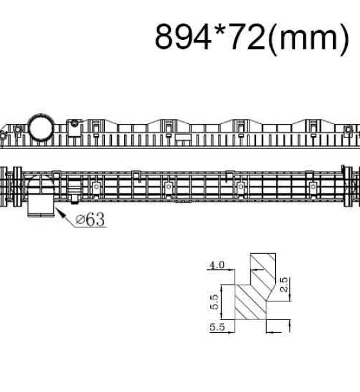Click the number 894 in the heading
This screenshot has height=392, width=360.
click(183, 37)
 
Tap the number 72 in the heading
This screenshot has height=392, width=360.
click(247, 37)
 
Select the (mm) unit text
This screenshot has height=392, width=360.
click(308, 39)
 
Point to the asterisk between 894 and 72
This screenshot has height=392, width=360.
click(220, 30)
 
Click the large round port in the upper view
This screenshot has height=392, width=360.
click(41, 127)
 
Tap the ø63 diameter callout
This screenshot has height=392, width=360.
click(90, 220)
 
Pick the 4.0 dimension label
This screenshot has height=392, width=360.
click(217, 265)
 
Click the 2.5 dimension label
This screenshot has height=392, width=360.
click(283, 285)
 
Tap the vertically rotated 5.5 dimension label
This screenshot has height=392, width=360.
click(214, 302)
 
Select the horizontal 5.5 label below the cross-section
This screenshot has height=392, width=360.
click(217, 327)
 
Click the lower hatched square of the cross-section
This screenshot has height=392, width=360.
click(251, 302)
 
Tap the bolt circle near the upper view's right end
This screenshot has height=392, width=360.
click(348, 130)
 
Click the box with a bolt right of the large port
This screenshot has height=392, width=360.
click(74, 128)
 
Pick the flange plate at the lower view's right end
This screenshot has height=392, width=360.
click(348, 186)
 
